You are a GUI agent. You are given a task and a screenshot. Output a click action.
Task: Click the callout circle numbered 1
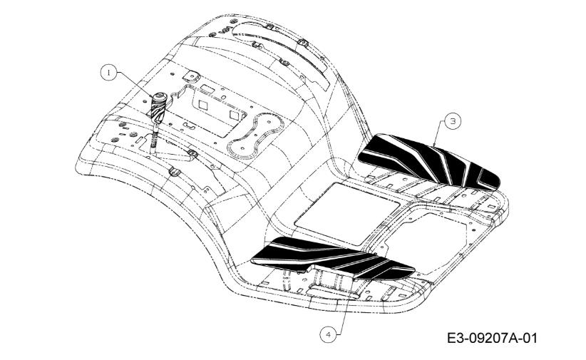(109, 73)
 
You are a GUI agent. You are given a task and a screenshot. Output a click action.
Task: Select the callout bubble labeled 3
(453, 121)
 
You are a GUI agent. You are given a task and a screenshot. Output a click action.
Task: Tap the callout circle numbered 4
(329, 334)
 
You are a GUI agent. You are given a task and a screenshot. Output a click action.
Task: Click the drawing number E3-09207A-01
(492, 339)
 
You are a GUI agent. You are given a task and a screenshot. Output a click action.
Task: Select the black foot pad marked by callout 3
(428, 162)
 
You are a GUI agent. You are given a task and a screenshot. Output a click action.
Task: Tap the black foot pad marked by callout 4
(332, 257)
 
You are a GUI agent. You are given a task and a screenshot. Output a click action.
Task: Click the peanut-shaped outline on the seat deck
(255, 135)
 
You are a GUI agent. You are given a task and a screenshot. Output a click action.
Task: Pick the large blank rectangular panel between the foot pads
(346, 214)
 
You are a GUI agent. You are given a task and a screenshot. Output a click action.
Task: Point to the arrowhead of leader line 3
(433, 145)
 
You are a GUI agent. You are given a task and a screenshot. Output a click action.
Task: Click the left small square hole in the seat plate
(203, 104)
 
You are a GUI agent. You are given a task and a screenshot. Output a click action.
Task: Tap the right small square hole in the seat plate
(234, 114)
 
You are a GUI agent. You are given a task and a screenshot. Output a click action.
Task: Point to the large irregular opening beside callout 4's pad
(426, 243)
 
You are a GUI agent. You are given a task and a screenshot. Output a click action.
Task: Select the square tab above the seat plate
(190, 76)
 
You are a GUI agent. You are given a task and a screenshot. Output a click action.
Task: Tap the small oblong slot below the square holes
(189, 125)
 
